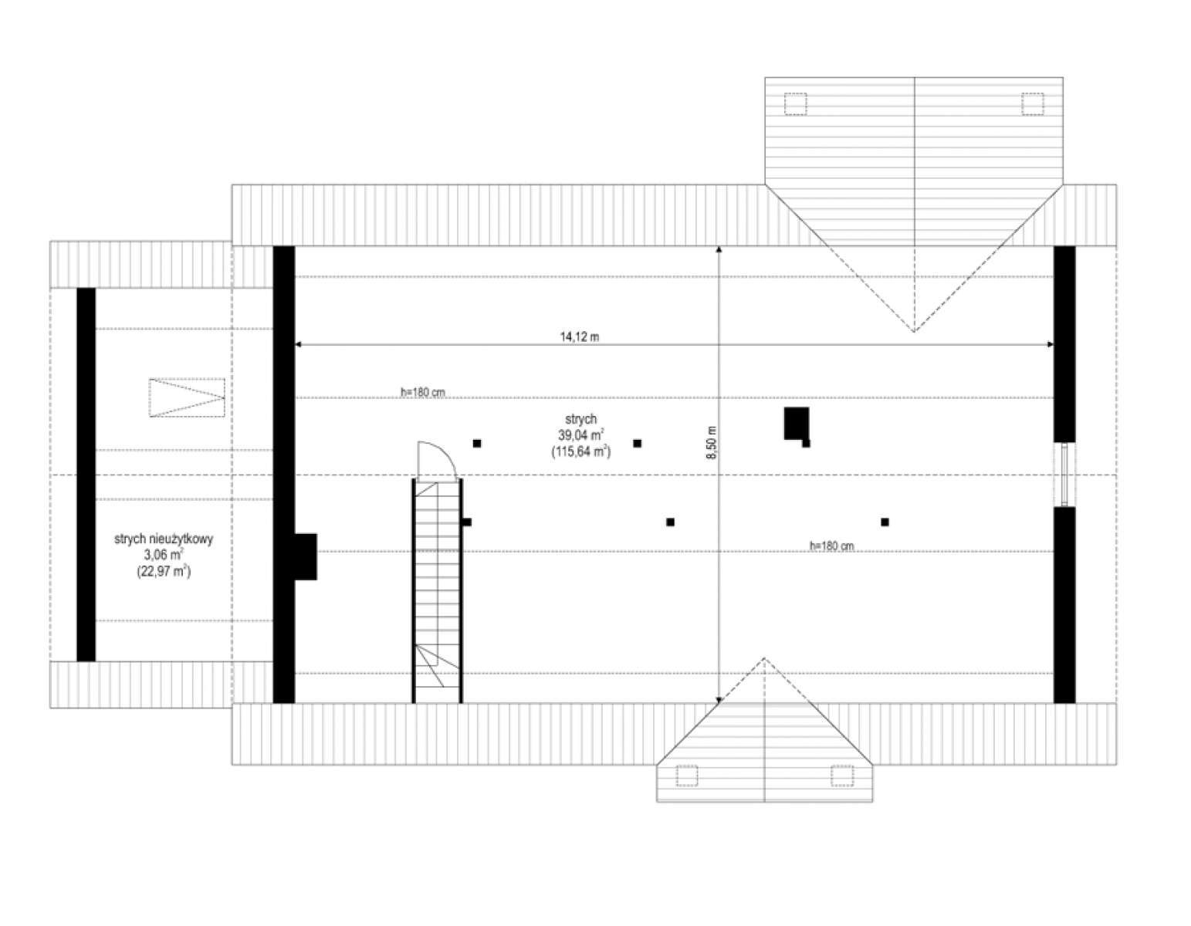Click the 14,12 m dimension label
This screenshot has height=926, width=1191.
(580, 337)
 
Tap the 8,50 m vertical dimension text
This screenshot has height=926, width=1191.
(712, 443)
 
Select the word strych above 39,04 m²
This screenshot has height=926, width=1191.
(580, 419)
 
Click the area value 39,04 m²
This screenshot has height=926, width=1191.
(581, 435)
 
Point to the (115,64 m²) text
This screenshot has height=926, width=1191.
(581, 451)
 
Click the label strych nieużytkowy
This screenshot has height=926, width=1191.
(164, 539)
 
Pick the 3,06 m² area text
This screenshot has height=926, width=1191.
(164, 555)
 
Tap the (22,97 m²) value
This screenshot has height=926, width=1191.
(164, 572)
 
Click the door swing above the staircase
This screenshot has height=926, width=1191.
(436, 460)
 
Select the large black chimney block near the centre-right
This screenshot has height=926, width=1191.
(797, 423)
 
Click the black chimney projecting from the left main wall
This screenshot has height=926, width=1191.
(306, 556)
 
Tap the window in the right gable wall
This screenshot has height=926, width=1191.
(1064, 475)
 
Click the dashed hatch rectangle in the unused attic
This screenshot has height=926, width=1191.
(187, 398)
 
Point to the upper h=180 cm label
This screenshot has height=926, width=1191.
(422, 392)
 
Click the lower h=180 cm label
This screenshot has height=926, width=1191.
(831, 546)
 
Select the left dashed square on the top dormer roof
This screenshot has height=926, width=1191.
(795, 104)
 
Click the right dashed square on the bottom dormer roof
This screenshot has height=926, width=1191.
(842, 776)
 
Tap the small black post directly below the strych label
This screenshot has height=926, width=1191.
(637, 443)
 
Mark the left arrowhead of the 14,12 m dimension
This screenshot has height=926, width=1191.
(299, 344)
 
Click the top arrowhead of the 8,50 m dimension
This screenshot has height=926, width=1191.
(719, 250)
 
